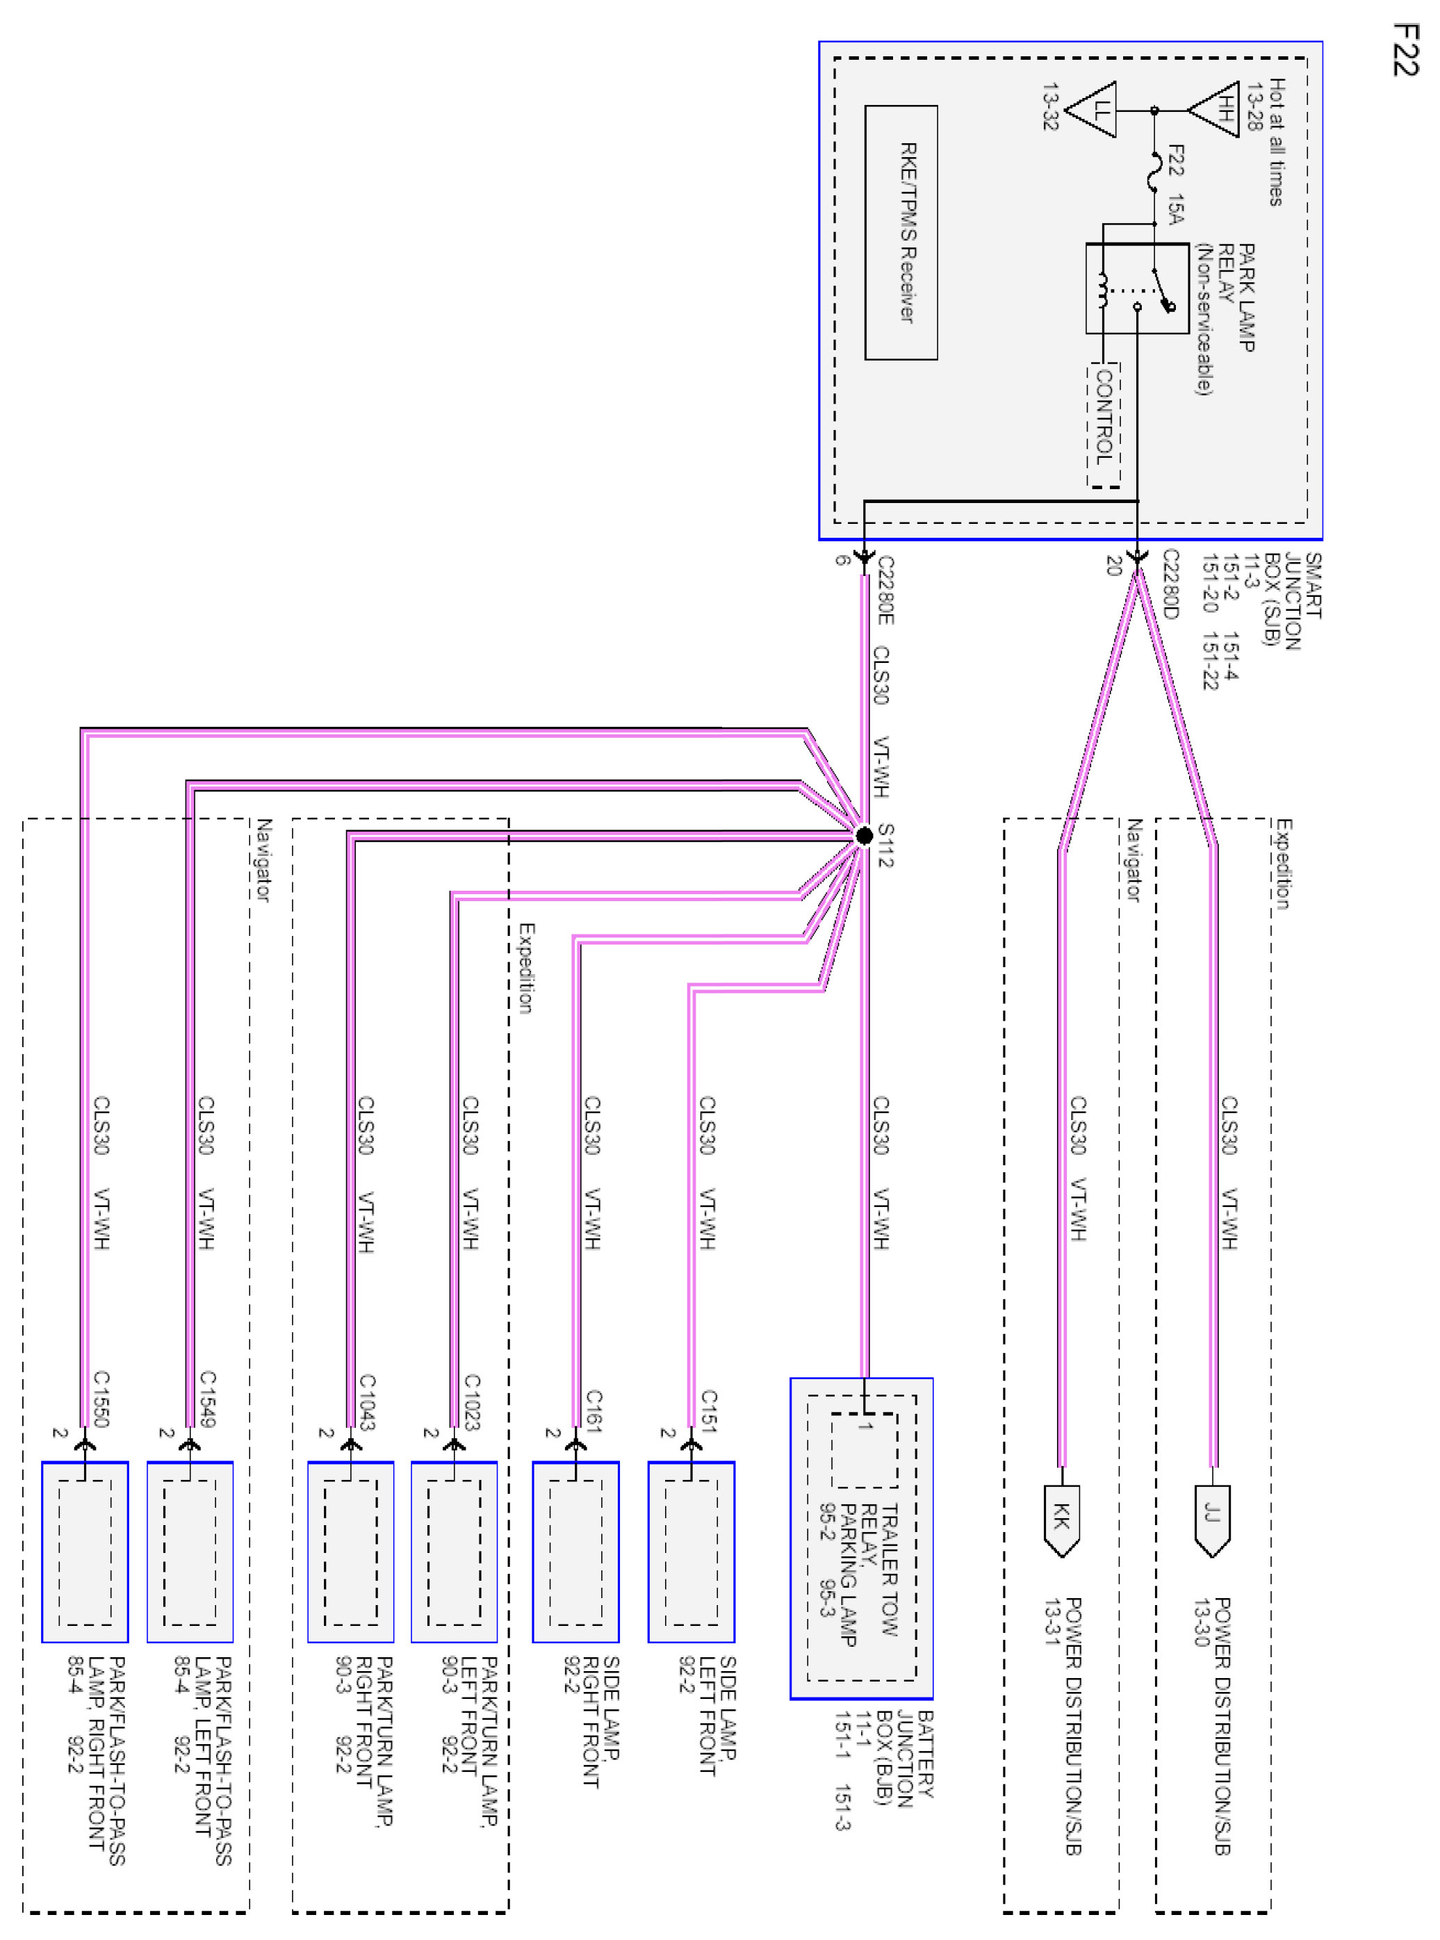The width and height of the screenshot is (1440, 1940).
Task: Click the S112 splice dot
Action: coord(864,836)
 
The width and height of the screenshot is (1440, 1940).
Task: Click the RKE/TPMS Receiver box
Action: coord(901,233)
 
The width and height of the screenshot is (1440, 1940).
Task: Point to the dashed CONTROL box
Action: coord(1104,425)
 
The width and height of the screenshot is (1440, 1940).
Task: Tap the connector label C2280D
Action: coord(1170,584)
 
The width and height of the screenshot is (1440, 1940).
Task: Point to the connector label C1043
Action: coord(367,1401)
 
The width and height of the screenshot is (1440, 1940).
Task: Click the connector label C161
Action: coord(594,1410)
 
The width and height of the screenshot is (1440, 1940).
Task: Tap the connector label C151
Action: coord(709,1410)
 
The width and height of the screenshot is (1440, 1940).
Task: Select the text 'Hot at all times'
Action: coord(1276,142)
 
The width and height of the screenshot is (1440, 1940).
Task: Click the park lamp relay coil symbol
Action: coord(1103,290)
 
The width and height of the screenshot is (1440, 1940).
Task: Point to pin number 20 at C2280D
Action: coord(1113,566)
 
